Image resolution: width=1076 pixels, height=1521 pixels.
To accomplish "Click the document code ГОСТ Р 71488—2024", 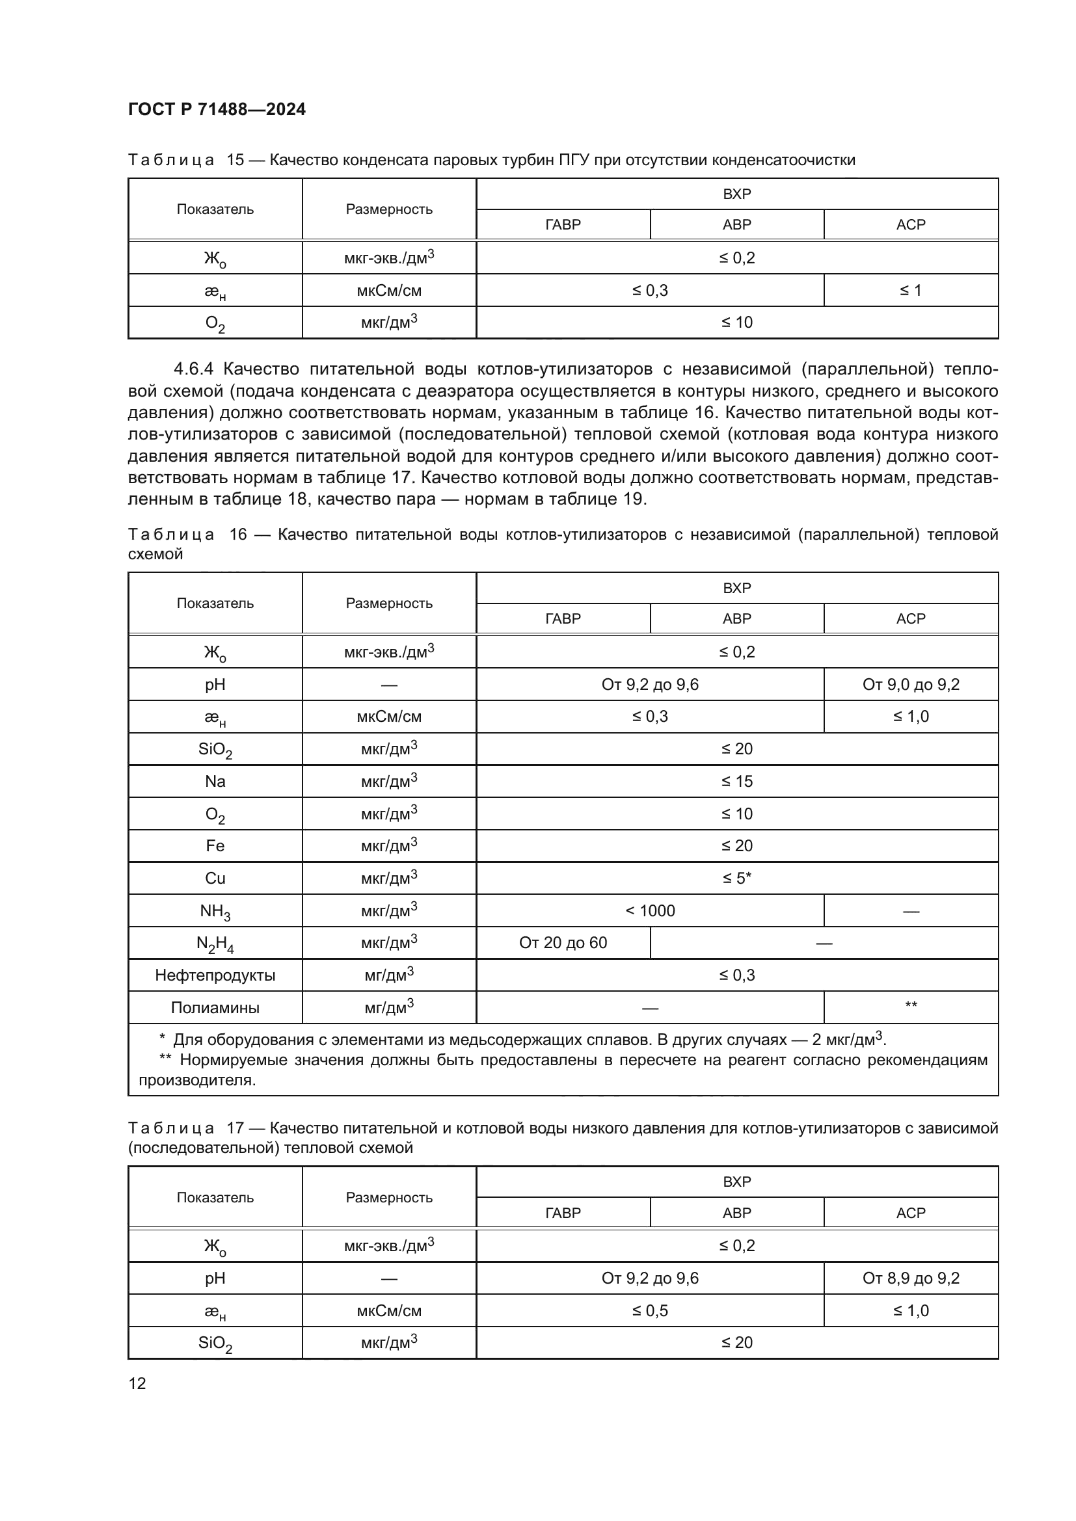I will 217,109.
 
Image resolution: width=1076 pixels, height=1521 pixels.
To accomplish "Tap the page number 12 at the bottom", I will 137,1383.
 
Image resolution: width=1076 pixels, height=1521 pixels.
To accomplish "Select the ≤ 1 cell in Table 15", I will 910,290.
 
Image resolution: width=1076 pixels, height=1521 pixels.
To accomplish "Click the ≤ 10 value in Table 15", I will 737,323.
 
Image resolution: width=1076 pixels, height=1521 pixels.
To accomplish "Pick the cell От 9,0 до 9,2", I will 910,684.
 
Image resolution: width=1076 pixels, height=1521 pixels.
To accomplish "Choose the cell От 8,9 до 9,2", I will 910,1278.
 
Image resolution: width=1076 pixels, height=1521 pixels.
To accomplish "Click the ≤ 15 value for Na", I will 737,782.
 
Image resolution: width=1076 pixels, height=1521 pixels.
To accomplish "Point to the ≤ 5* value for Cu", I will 737,879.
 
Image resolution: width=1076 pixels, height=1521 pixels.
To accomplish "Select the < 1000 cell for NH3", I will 650,911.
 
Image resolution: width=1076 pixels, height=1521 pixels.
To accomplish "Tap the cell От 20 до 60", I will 563,943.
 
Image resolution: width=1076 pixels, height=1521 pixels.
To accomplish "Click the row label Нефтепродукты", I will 215,975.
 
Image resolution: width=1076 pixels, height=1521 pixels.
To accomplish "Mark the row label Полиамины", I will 215,1007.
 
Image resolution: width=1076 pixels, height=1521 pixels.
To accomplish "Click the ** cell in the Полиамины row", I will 910,1006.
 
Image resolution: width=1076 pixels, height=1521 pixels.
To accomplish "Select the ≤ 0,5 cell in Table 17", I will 650,1310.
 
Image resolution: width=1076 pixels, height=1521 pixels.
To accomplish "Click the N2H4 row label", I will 215,944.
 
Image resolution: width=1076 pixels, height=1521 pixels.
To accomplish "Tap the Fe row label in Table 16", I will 215,846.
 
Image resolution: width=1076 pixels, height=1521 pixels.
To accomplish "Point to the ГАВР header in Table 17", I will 563,1213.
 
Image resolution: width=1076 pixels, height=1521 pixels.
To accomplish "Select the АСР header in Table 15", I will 910,224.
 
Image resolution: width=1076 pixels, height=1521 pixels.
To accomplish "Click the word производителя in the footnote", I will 196,1081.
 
